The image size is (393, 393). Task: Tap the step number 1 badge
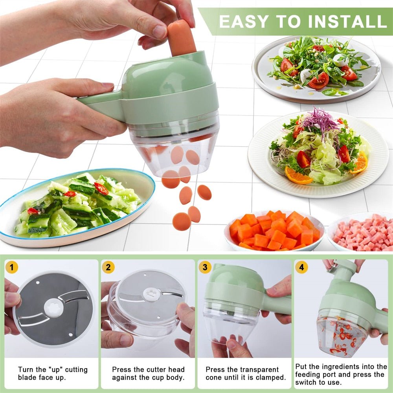[x=12, y=268]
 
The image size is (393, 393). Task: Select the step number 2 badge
[x=108, y=268]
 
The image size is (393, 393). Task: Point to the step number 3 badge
[x=205, y=268]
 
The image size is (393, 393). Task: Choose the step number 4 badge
[x=301, y=268]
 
